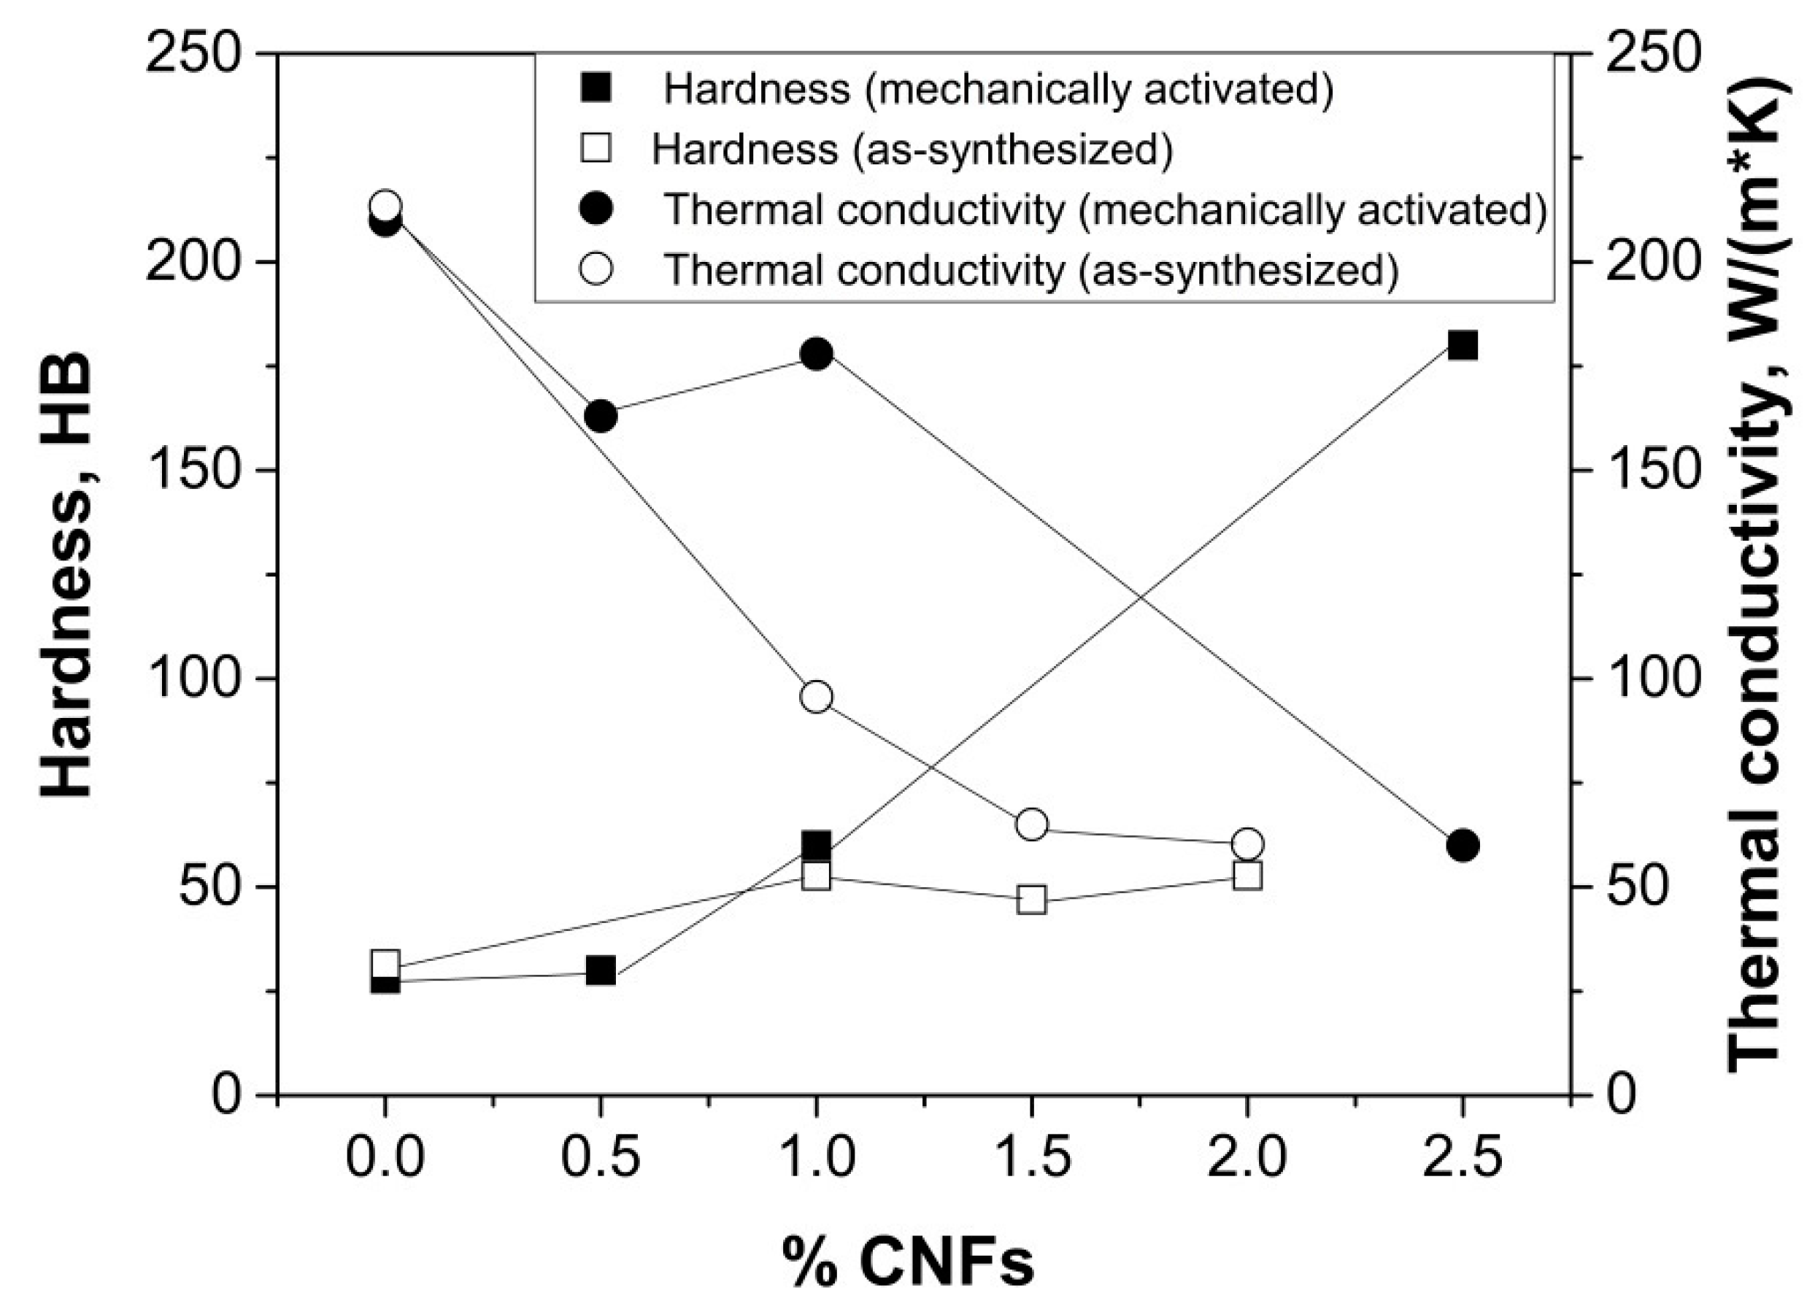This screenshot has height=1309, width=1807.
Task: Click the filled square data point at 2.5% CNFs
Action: (x=1463, y=347)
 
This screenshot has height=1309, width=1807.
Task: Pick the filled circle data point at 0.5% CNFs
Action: (x=601, y=416)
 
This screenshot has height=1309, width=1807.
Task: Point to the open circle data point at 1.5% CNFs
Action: (x=1032, y=825)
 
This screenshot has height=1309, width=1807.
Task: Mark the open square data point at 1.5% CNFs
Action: (x=1032, y=900)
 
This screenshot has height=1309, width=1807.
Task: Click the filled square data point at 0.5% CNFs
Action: (x=601, y=970)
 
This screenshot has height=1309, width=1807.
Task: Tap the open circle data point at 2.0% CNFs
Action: (x=1248, y=843)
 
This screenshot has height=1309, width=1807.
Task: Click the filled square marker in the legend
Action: (x=596, y=88)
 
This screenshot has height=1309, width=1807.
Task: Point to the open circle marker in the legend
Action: (x=596, y=269)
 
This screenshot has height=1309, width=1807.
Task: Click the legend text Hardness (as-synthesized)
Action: (x=912, y=149)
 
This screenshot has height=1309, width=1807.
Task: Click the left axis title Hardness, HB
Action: (x=68, y=574)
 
